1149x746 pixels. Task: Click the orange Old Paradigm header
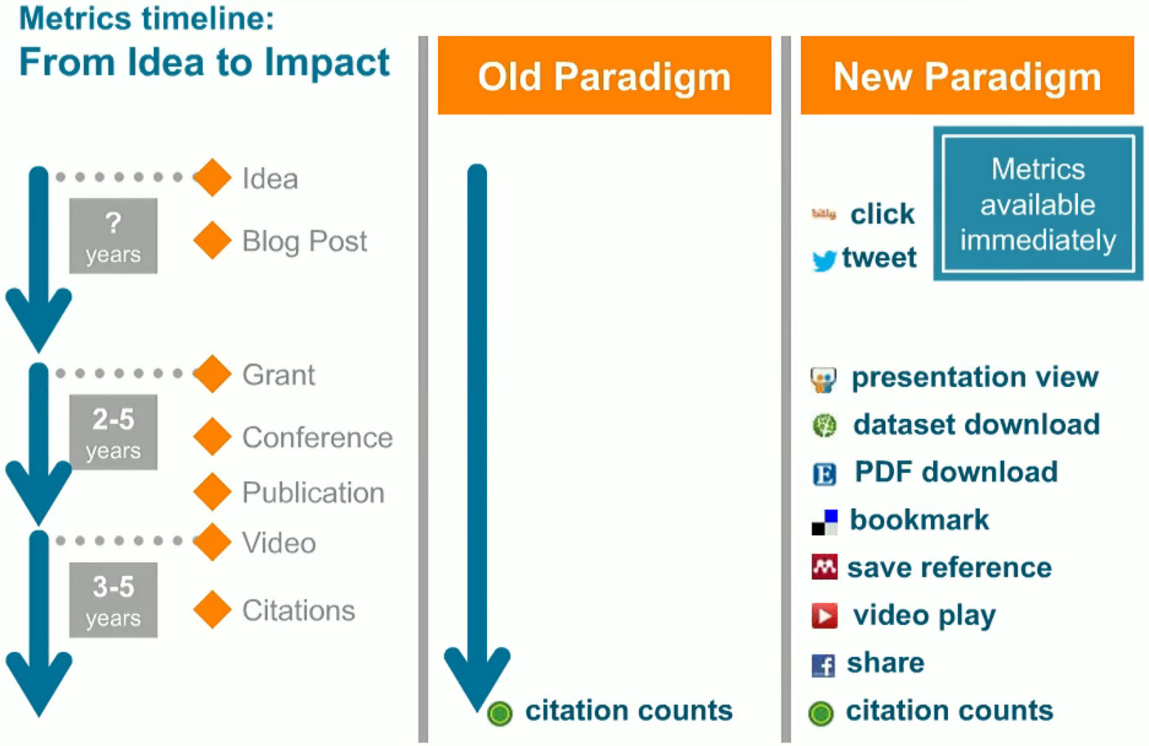[604, 75]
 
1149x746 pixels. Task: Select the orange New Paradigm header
[967, 75]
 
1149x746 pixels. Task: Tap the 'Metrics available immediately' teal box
[1038, 204]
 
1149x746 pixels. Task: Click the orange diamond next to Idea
[212, 178]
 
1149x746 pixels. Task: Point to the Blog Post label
[305, 240]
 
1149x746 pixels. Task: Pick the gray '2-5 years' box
[114, 432]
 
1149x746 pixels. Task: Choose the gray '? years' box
[114, 236]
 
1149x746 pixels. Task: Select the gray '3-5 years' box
[114, 600]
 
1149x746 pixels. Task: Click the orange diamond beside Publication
[212, 492]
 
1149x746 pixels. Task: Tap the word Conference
[318, 438]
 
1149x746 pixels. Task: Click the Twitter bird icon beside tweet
[825, 260]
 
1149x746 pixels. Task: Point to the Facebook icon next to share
[823, 665]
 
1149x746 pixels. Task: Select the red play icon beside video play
[825, 616]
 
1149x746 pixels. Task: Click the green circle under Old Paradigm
[499, 713]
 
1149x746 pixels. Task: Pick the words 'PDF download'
[956, 471]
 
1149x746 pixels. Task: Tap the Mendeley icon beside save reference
[825, 567]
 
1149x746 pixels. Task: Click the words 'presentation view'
[975, 377]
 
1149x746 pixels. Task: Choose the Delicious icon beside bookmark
[825, 522]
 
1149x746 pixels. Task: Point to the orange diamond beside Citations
[212, 609]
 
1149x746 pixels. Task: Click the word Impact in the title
[327, 63]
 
